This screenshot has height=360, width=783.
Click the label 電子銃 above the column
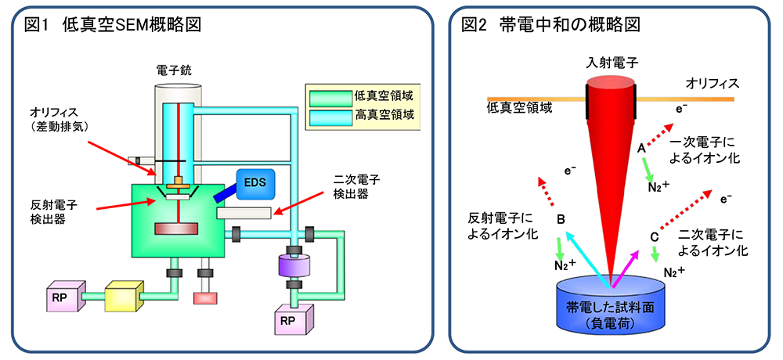(174, 70)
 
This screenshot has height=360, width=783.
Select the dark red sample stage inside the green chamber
(176, 229)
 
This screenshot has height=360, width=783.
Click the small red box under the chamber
(206, 297)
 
